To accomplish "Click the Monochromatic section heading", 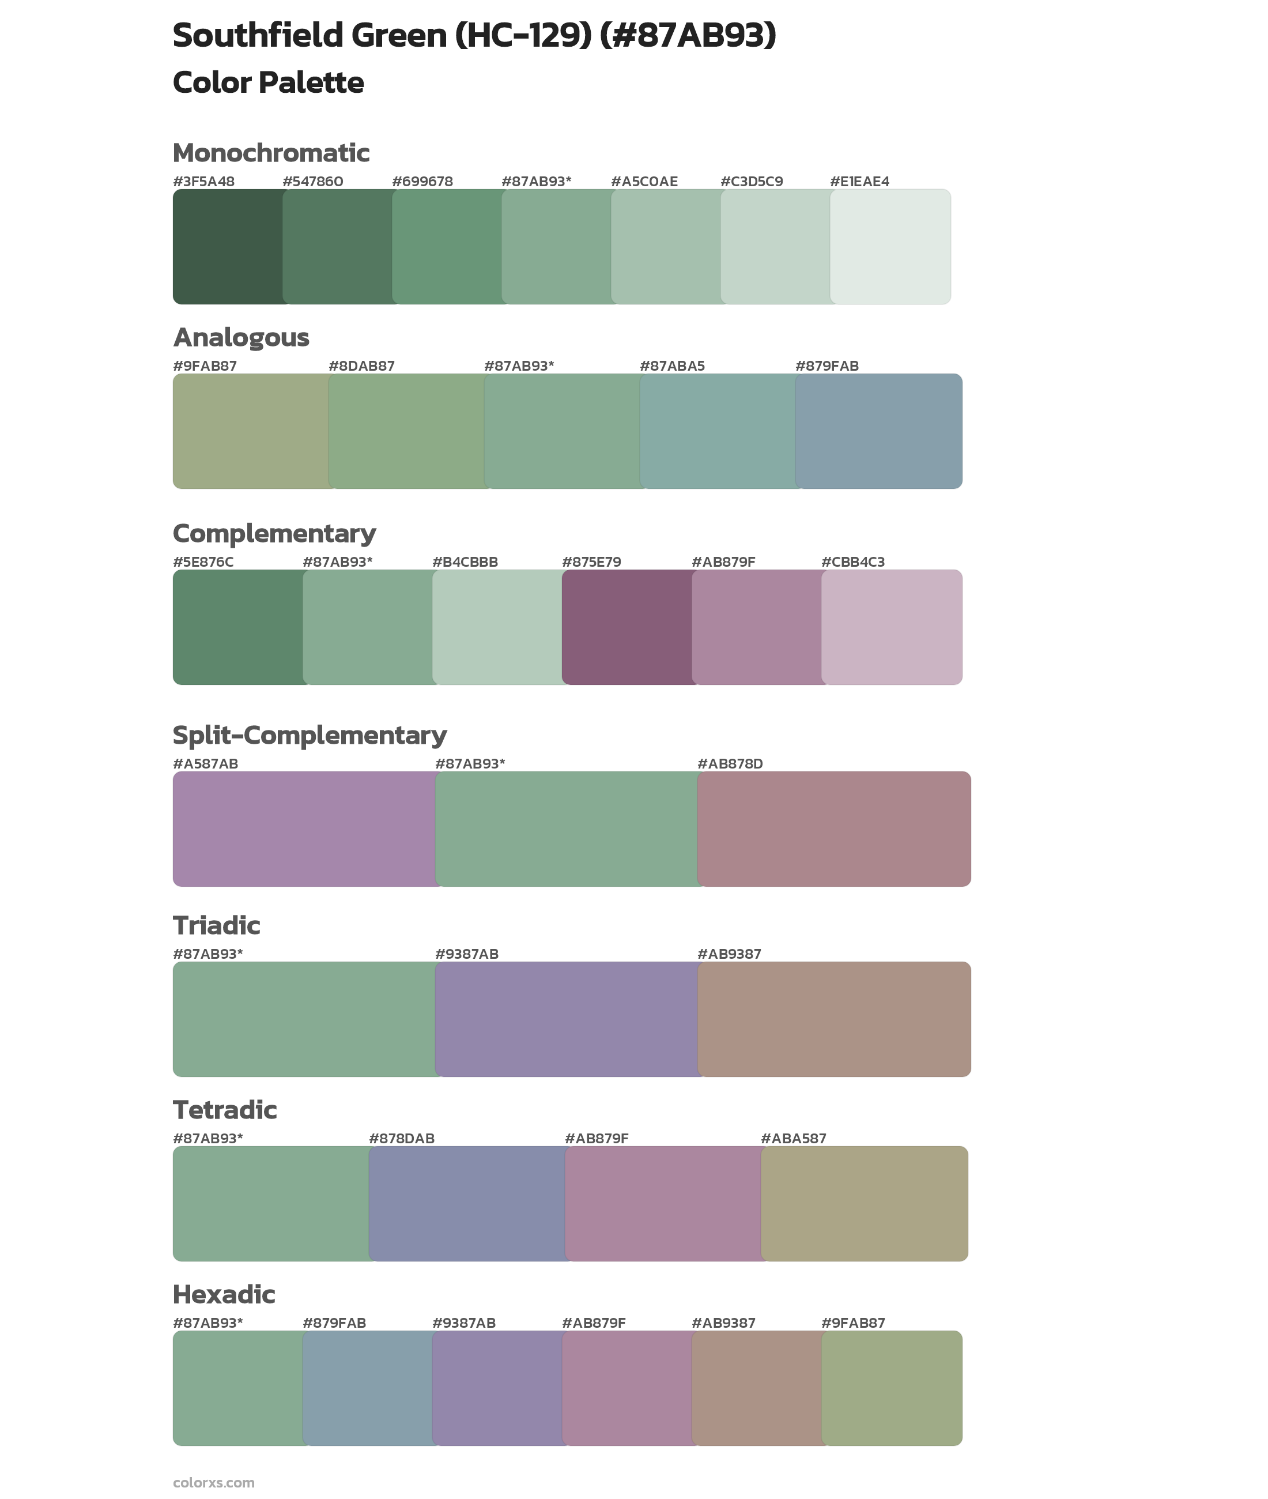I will [271, 153].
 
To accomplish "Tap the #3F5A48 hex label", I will [203, 181].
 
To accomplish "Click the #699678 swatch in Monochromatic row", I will [447, 247].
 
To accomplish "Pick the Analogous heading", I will [241, 337].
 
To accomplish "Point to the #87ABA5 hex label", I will [671, 366].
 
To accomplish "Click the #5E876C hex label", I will [203, 562].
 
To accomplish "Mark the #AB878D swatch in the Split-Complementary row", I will [834, 828].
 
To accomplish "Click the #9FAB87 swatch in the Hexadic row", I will [891, 1388].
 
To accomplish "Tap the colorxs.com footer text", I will [213, 1482].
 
